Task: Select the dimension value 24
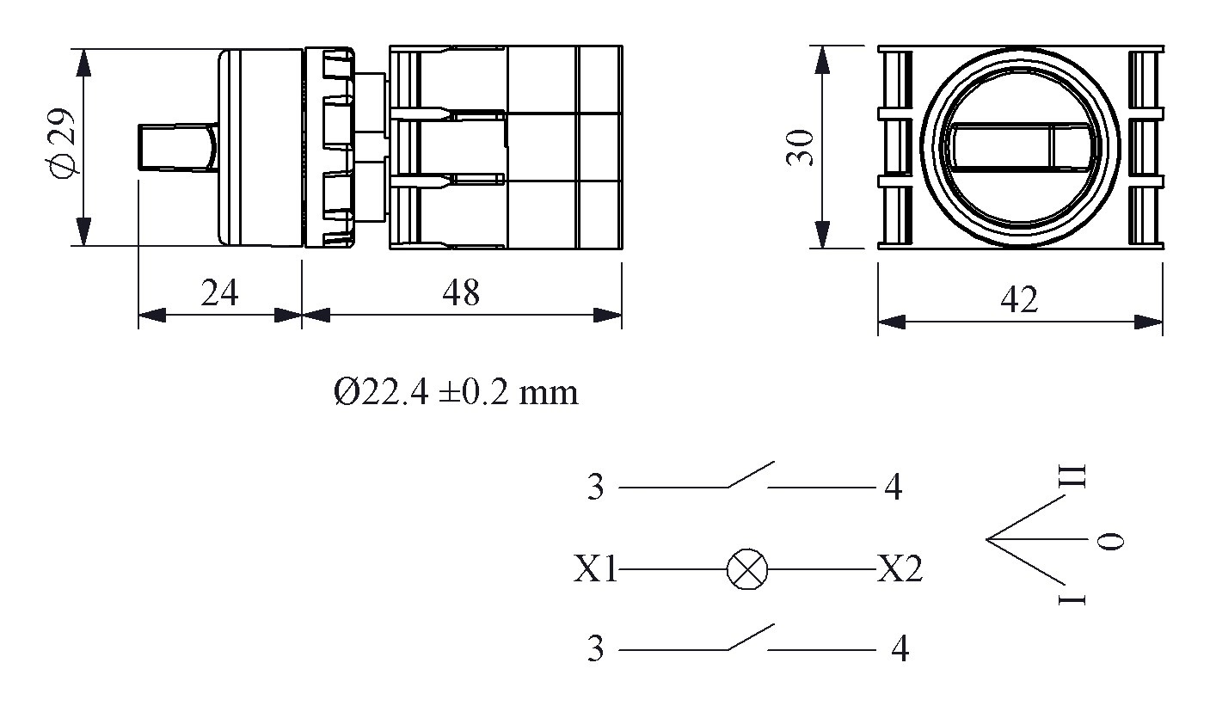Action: click(219, 293)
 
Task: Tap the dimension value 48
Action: click(461, 293)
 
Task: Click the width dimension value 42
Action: click(1019, 300)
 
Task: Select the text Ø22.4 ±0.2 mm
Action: click(456, 393)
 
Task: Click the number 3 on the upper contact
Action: click(596, 488)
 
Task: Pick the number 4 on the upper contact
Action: click(894, 488)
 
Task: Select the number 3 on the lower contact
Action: click(596, 649)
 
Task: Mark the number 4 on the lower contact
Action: click(900, 649)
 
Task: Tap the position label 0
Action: click(1112, 541)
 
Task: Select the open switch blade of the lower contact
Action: click(751, 636)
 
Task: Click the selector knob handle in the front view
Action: click(1019, 147)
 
